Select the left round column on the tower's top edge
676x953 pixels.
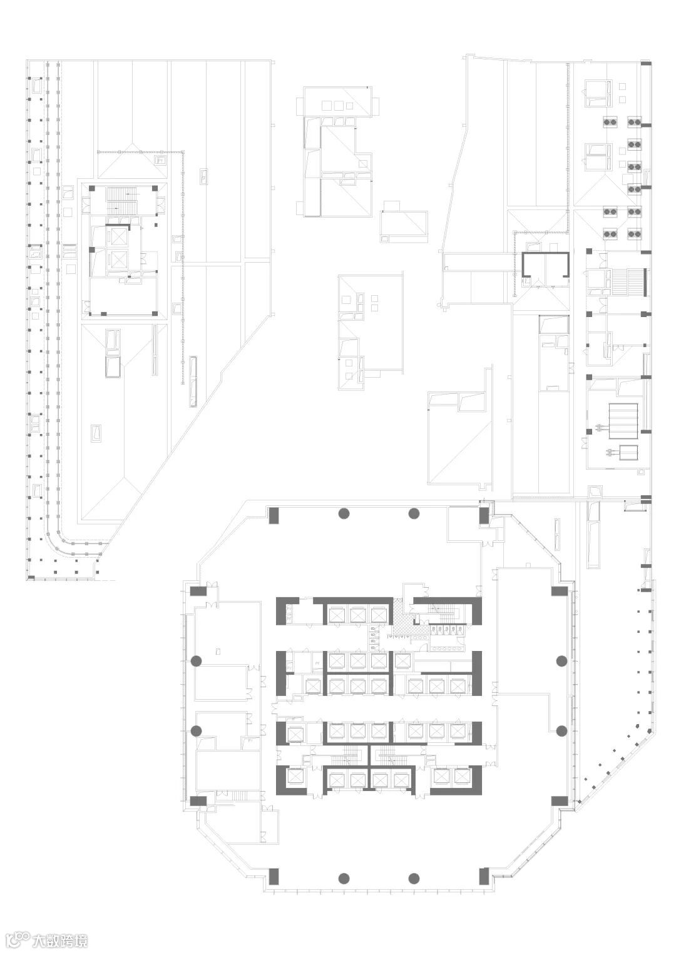(x=344, y=513)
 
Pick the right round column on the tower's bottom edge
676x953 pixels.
(x=414, y=879)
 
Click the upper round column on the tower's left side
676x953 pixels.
(x=196, y=661)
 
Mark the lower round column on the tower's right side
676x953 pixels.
(x=561, y=731)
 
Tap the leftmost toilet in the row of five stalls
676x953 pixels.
(x=434, y=629)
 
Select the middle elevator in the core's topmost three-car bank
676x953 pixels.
(x=357, y=614)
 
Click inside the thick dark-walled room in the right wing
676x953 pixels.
(x=545, y=270)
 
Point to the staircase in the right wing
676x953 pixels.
(x=628, y=282)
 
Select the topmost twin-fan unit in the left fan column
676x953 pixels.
(x=609, y=122)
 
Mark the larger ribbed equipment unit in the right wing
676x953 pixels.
(x=623, y=421)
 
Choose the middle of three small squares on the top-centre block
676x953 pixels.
(x=339, y=104)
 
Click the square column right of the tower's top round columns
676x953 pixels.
(x=484, y=515)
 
